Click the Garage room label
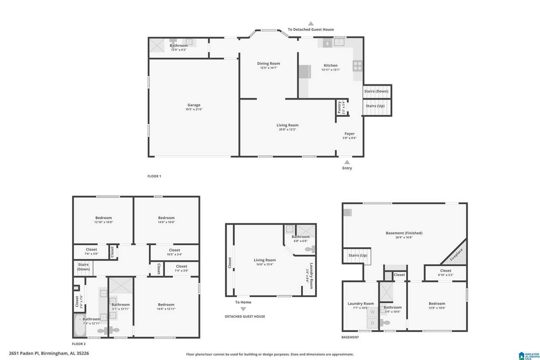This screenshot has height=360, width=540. (x=194, y=105)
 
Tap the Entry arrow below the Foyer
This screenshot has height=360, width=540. (x=347, y=162)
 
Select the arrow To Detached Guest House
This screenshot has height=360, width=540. (x=311, y=24)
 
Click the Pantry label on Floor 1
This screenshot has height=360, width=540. (x=339, y=107)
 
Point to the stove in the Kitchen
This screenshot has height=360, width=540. (x=357, y=65)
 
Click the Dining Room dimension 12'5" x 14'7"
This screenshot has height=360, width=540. (x=269, y=68)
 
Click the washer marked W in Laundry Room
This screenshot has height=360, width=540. (x=372, y=313)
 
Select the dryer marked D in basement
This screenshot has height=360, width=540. (x=372, y=323)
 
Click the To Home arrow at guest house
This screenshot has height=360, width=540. (x=243, y=309)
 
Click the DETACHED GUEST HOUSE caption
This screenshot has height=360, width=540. (x=245, y=317)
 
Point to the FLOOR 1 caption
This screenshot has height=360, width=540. (x=154, y=176)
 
